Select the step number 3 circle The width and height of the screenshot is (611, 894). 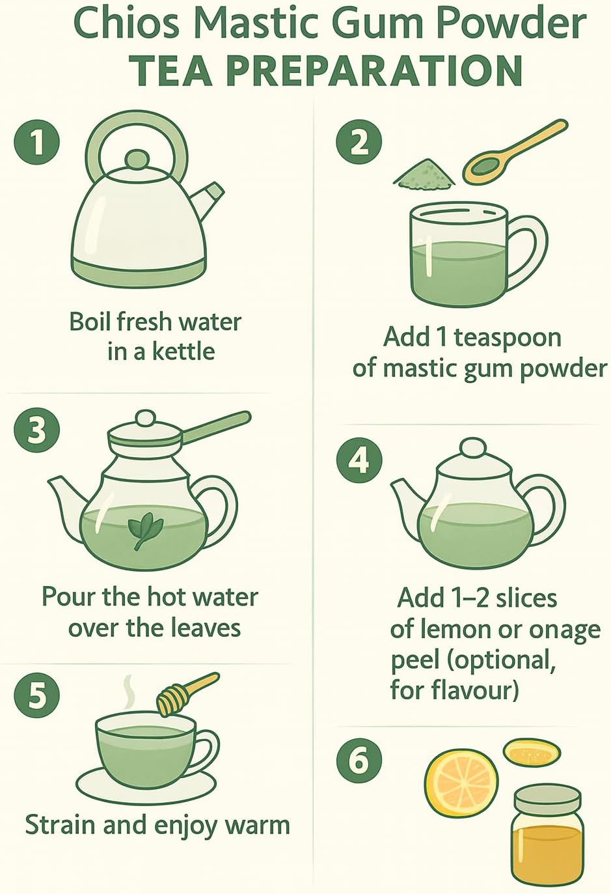coord(36,432)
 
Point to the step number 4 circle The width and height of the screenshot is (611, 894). coord(359,462)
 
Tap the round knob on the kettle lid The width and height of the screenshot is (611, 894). coord(137,160)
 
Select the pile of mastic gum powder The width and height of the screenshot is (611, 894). coord(424,173)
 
